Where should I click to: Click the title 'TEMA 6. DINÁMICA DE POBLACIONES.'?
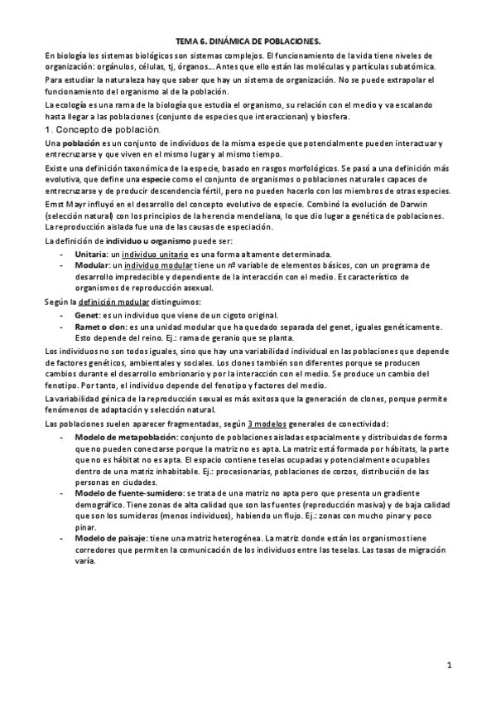248,40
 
